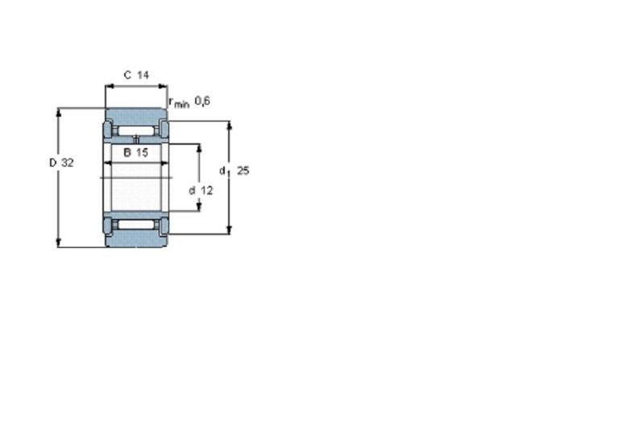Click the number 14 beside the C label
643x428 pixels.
pos(143,75)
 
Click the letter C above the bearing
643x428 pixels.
pos(127,75)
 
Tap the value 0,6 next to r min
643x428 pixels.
pos(202,101)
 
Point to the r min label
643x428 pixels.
pos(179,103)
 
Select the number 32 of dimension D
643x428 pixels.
pos(67,163)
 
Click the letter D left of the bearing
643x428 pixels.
pos(53,163)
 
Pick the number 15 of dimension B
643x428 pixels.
pos(142,153)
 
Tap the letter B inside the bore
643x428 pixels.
pos(127,153)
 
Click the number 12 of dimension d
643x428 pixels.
pos(207,191)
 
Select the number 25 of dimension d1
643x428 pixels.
pos(243,171)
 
